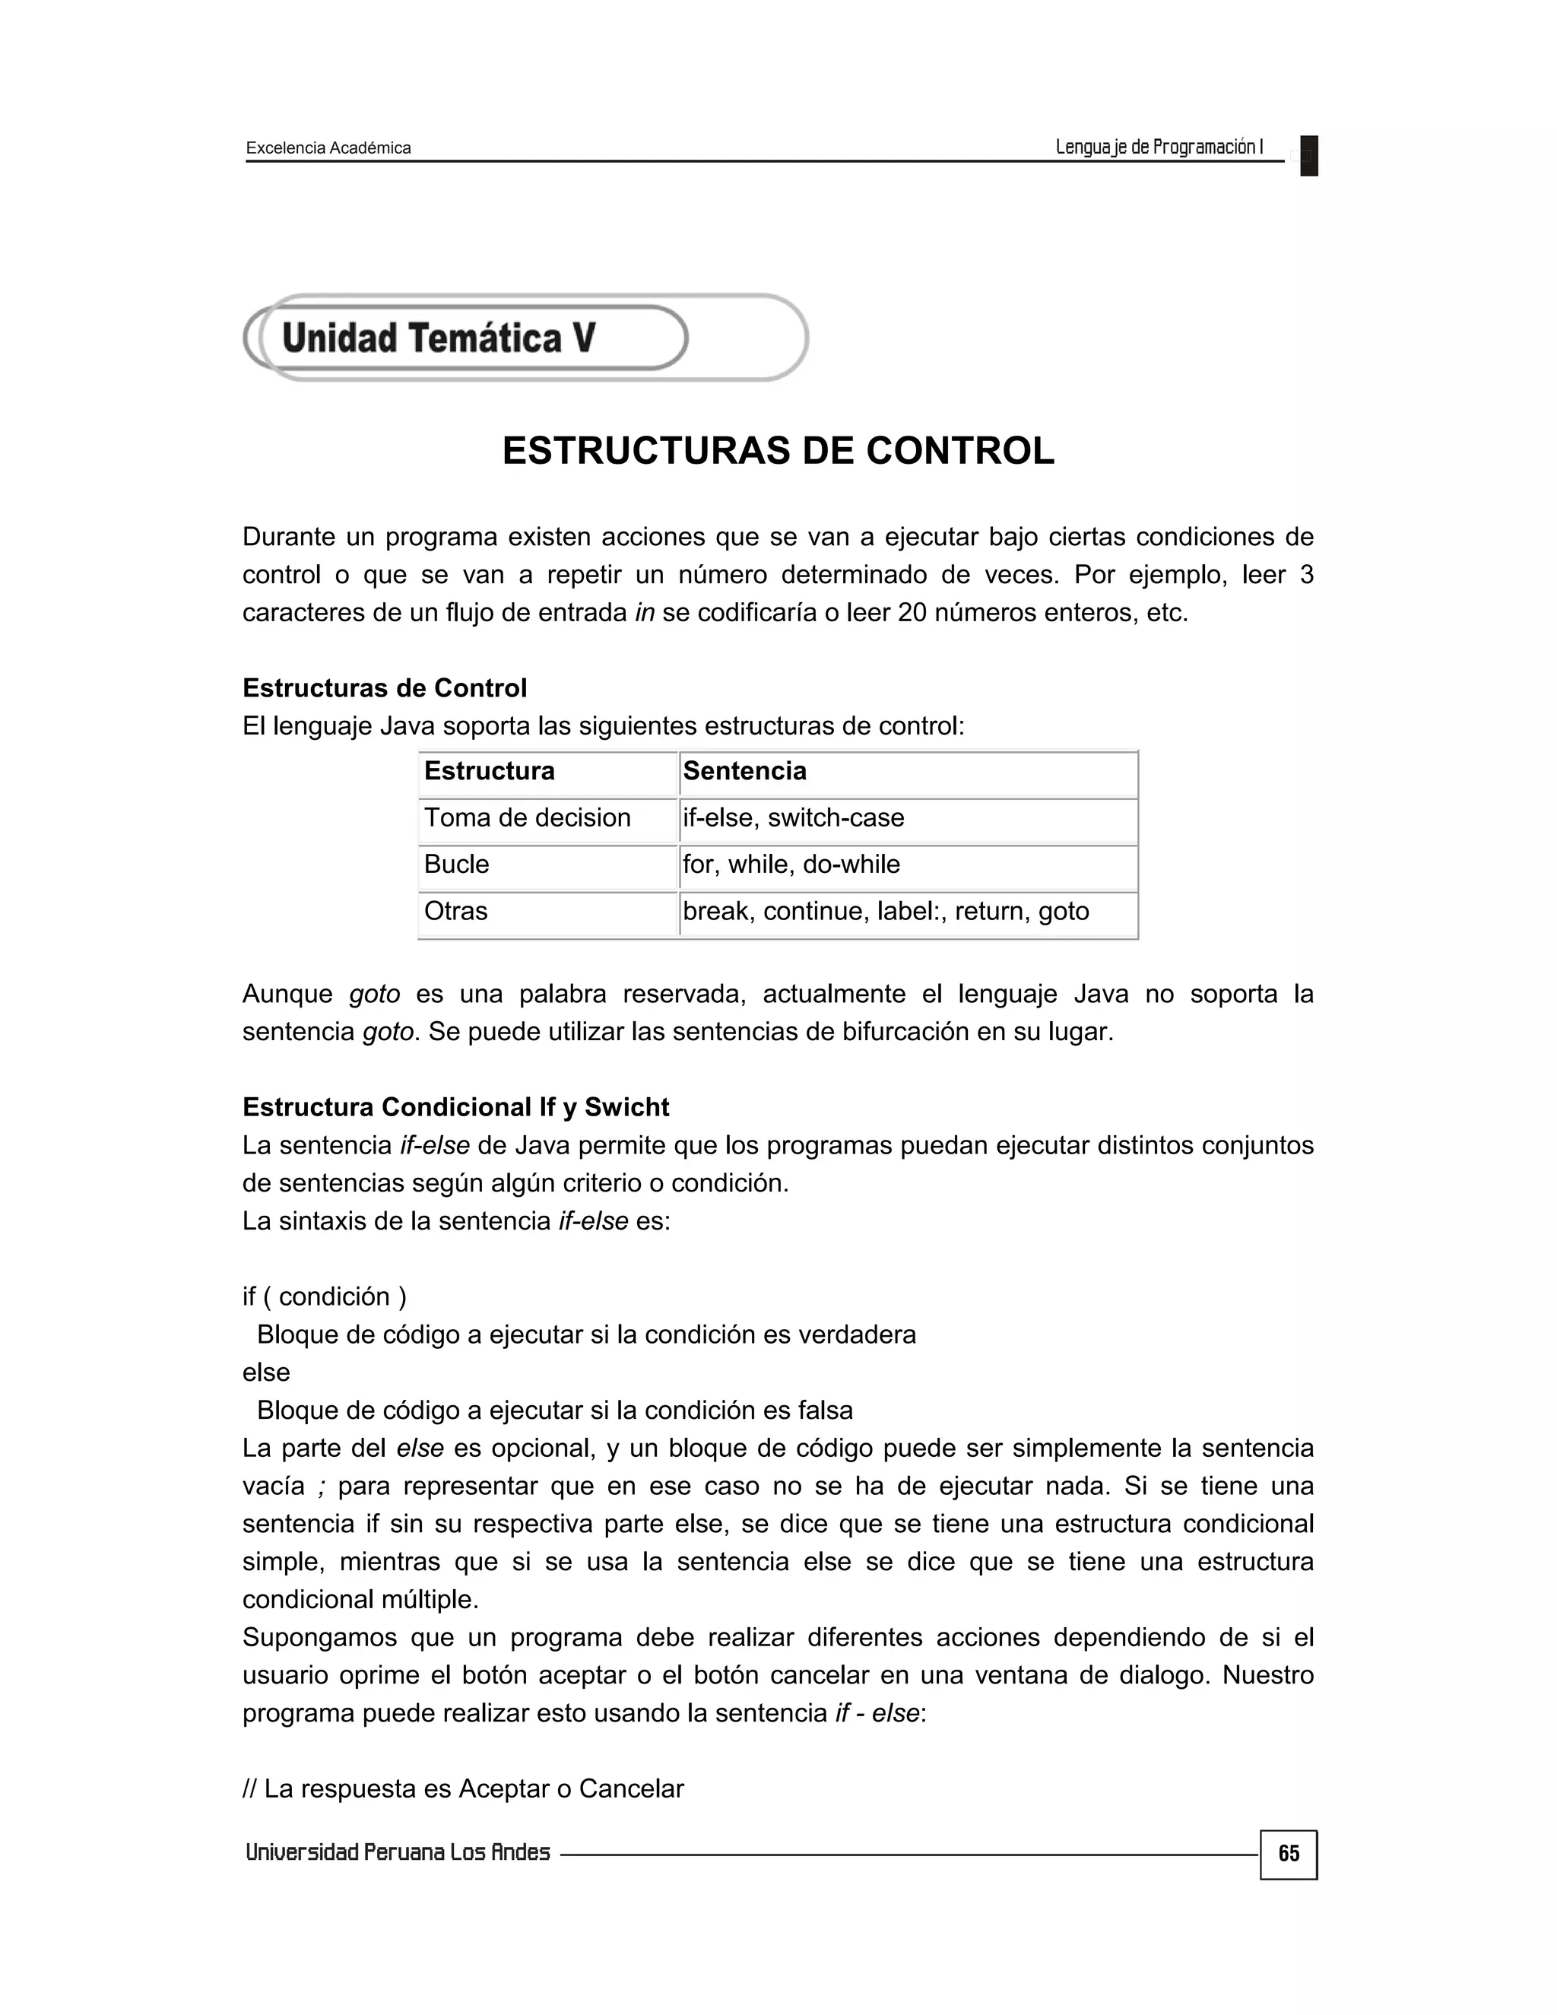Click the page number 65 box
[1288, 1854]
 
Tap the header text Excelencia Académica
[328, 148]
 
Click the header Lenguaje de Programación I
[1159, 147]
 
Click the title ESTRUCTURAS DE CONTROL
[778, 450]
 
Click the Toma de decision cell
[548, 818]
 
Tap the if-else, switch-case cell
[908, 818]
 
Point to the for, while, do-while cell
[908, 865]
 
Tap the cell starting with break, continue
[908, 912]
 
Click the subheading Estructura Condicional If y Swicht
[455, 1107]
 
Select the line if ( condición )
[325, 1296]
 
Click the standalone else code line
[267, 1372]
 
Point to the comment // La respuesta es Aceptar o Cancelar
[463, 1788]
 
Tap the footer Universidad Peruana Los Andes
[398, 1852]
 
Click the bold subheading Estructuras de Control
[385, 688]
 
